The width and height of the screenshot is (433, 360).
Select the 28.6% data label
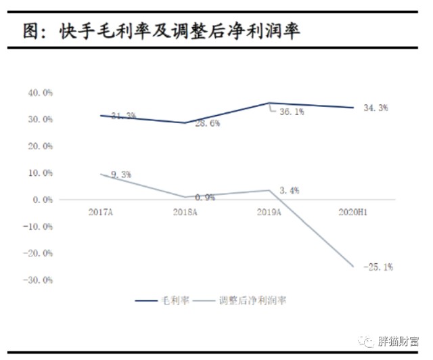(x=206, y=125)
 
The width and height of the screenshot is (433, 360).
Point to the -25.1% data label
(x=378, y=267)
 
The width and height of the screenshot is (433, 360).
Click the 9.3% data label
(x=121, y=175)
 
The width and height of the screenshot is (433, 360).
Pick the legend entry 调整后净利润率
(x=252, y=300)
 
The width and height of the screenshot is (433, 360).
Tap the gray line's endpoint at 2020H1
(x=352, y=267)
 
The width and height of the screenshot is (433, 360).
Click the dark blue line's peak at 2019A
(x=269, y=103)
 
